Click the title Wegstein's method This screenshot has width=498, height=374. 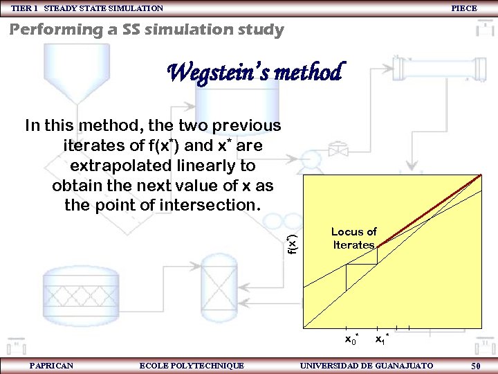[255, 71]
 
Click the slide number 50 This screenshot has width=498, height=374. [476, 366]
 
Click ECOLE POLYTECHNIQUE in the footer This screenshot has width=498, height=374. [192, 366]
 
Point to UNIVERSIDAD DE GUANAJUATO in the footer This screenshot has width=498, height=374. [367, 366]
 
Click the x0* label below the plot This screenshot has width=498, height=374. [351, 339]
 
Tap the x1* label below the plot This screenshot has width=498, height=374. [382, 339]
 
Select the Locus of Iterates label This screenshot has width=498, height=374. [353, 238]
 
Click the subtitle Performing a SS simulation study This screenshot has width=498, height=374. [146, 30]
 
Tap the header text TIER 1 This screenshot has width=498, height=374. [25, 8]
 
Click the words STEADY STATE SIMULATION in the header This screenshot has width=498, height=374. [104, 8]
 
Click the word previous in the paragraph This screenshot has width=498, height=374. [248, 126]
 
